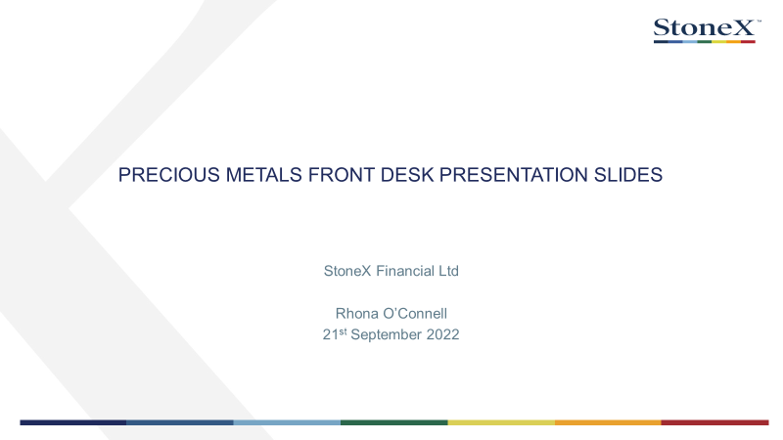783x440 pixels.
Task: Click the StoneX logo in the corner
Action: click(x=707, y=30)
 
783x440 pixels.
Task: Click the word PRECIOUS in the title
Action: click(x=168, y=175)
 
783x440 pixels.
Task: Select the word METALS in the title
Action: click(x=263, y=175)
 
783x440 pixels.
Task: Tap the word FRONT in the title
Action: click(x=341, y=175)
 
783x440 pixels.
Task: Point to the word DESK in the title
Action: click(x=406, y=175)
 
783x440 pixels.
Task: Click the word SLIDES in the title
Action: click(x=628, y=175)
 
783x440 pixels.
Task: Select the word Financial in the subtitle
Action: click(x=405, y=271)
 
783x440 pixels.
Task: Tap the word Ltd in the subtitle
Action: click(x=448, y=271)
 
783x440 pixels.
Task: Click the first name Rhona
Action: click(x=357, y=313)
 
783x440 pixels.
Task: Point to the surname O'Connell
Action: click(x=415, y=313)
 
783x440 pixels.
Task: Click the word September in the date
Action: click(x=387, y=334)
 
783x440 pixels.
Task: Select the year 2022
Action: click(x=443, y=334)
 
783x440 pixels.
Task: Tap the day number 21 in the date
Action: click(x=331, y=334)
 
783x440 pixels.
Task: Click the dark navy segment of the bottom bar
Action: click(x=72, y=422)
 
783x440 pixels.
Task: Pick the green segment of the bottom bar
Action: click(x=394, y=422)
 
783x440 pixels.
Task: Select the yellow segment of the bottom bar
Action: click(x=501, y=422)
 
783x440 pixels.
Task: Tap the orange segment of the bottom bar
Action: click(x=608, y=422)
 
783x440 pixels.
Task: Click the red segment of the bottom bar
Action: click(x=715, y=422)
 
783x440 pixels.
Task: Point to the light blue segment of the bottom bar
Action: click(x=287, y=422)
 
